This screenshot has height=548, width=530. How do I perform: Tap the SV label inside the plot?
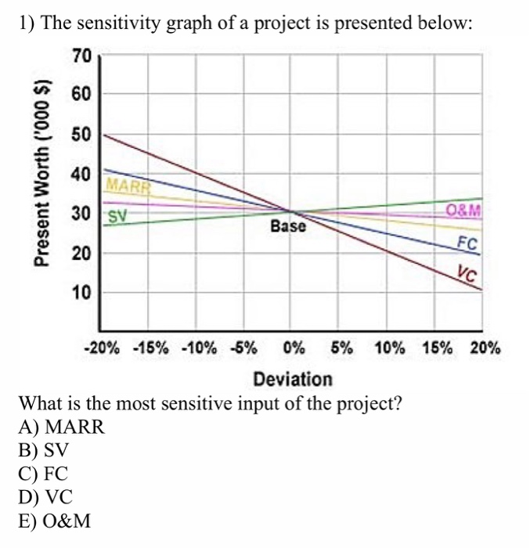coord(117,215)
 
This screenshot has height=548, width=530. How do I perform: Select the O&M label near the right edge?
coord(463,209)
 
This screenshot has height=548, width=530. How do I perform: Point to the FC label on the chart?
coord(467,243)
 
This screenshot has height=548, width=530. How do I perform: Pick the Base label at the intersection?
coord(289,227)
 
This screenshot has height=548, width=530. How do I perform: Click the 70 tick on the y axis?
coord(81,56)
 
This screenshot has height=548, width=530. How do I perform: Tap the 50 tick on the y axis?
coord(81,135)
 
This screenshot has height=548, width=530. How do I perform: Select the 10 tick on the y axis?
coord(81,293)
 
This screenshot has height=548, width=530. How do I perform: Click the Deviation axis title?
coord(293,380)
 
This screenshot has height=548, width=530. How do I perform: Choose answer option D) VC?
coord(49,495)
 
